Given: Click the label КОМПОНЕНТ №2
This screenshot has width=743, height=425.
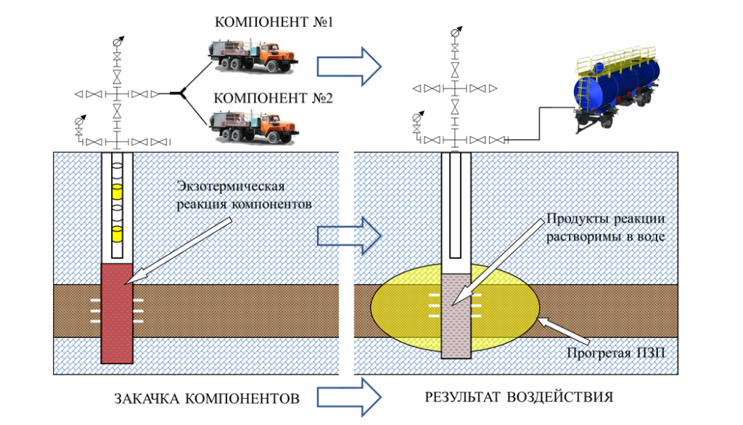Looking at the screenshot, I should [x=273, y=98].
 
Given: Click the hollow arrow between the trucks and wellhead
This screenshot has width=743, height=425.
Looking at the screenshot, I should [x=348, y=65].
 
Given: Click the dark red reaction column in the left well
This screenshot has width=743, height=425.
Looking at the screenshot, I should [x=116, y=312].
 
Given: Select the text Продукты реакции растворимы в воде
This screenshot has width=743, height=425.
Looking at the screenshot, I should [x=605, y=226].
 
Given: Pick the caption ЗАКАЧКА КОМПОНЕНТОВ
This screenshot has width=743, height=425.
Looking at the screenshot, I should [x=206, y=399].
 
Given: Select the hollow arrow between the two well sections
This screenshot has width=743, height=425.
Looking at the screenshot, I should [x=349, y=235].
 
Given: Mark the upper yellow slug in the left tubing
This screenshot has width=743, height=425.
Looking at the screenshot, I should [x=116, y=192].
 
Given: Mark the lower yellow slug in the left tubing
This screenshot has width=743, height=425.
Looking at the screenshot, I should [x=116, y=234].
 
